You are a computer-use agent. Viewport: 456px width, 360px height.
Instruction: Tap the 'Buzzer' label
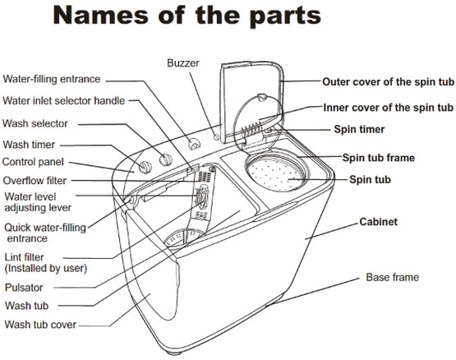(x=184, y=62)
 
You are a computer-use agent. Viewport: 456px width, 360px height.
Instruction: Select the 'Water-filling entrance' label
(x=52, y=80)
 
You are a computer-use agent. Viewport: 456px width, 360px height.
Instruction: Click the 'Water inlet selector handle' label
(x=64, y=101)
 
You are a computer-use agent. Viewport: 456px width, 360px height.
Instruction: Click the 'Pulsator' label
(x=25, y=288)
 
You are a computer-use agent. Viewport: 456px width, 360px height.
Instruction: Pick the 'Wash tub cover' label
(x=40, y=325)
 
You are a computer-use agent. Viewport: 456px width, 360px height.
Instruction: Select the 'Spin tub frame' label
(x=378, y=158)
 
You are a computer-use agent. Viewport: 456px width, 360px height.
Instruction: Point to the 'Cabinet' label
(x=379, y=223)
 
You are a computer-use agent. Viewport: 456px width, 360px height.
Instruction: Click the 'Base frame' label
(x=392, y=278)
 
